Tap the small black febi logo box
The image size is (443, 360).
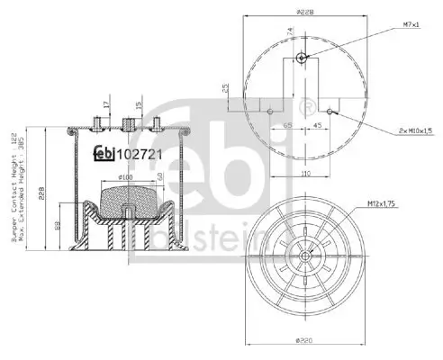[106, 152]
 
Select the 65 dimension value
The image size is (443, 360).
[287, 126]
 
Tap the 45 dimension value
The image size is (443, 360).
[319, 126]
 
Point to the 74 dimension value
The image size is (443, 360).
[291, 32]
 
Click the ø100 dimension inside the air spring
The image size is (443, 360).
[125, 178]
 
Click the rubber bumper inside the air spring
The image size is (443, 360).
[125, 202]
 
